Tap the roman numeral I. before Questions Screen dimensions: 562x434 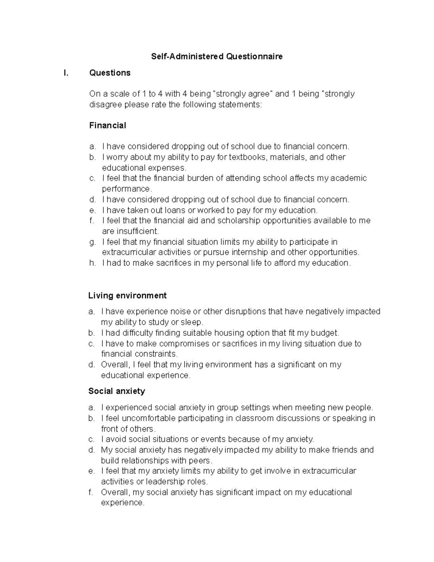(x=65, y=73)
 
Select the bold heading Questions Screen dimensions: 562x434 (x=110, y=73)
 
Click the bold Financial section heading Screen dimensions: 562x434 (x=107, y=126)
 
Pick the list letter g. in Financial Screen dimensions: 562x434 (x=92, y=242)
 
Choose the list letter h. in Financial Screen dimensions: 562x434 (x=92, y=263)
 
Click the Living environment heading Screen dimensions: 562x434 (x=127, y=296)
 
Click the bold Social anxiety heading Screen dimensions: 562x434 (x=116, y=391)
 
